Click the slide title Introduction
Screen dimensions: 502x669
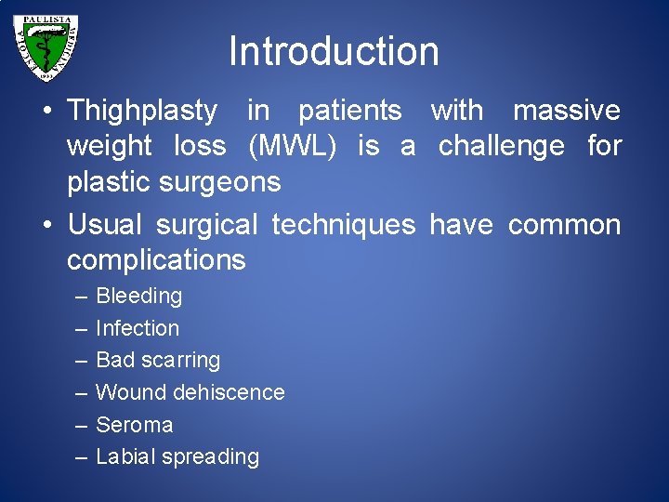pyautogui.click(x=334, y=51)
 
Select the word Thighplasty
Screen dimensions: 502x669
pyautogui.click(x=141, y=111)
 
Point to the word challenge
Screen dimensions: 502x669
pyautogui.click(x=501, y=146)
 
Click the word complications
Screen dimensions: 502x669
pyautogui.click(x=156, y=260)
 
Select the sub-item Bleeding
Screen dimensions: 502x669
pyautogui.click(x=138, y=297)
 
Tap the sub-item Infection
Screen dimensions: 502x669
pyautogui.click(x=138, y=328)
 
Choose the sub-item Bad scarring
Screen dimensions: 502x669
pyautogui.click(x=158, y=360)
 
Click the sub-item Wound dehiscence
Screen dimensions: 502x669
pyautogui.click(x=190, y=392)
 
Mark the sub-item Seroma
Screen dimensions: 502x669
pyautogui.click(x=134, y=425)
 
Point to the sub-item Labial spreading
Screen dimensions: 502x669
pyautogui.click(x=177, y=456)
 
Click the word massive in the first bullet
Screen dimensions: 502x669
pyautogui.click(x=567, y=111)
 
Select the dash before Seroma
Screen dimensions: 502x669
pyautogui.click(x=79, y=425)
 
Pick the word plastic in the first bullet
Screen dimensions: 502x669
pyautogui.click(x=103, y=181)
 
